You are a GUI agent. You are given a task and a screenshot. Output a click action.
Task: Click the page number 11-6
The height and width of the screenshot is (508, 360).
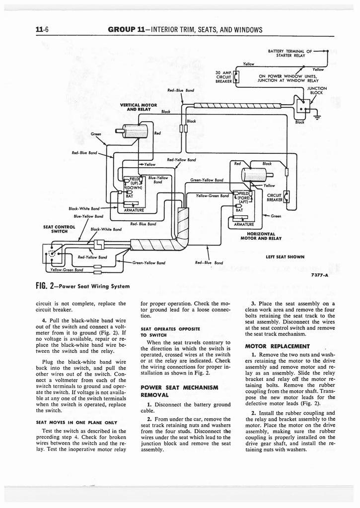pyautogui.click(x=41, y=29)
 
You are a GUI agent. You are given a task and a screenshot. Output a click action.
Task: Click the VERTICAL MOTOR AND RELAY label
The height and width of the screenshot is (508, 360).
pyautogui.click(x=139, y=107)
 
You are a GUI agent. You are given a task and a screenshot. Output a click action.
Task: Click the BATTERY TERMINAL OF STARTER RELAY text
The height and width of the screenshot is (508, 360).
pyautogui.click(x=289, y=53)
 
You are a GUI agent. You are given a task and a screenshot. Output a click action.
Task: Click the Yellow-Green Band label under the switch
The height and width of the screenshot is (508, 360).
pyautogui.click(x=65, y=270)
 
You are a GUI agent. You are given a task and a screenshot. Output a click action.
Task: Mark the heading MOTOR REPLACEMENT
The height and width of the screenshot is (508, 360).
pyautogui.click(x=281, y=346)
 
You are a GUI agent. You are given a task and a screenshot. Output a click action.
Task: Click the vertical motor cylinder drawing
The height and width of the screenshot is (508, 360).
pyautogui.click(x=134, y=131)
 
